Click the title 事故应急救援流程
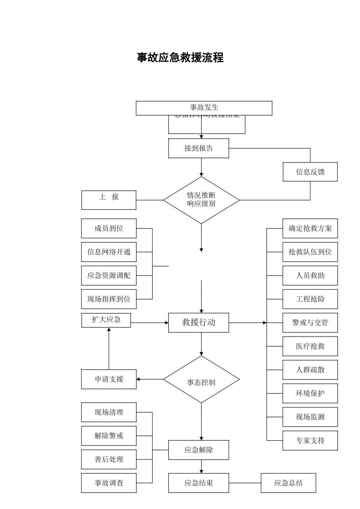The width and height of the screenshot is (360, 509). tap(180, 58)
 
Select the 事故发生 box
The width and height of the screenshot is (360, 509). tap(204, 108)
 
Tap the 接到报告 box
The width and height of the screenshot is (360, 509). tap(199, 148)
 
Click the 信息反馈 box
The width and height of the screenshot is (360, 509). tap(310, 172)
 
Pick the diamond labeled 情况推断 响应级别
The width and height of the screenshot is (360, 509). tap(201, 200)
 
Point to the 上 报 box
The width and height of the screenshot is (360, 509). tap(109, 200)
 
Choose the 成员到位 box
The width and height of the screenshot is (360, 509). tap(109, 228)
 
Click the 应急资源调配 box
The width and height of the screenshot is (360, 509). tap(109, 276)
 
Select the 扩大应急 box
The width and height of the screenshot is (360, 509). tap(106, 320)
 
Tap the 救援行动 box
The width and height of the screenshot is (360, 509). tap(199, 323)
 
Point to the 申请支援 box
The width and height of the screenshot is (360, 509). tap(109, 379)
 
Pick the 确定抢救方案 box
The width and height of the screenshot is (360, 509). tap(310, 228)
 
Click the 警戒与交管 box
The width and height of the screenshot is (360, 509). tap(310, 323)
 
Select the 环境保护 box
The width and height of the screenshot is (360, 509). tap(310, 393)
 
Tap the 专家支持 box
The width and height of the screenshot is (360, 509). tap(310, 440)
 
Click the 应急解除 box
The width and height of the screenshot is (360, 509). tap(199, 450)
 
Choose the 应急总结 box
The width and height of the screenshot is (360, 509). tap(288, 483)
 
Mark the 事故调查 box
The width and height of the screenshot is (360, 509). tap(109, 483)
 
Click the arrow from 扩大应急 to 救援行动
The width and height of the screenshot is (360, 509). tap(150, 323)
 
